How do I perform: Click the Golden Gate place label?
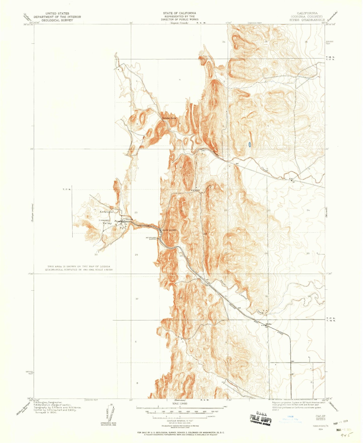[x=169, y=118]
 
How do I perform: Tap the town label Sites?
[x=129, y=219]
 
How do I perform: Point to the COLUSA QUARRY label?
[x=170, y=230]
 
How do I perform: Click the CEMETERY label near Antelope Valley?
[x=105, y=220]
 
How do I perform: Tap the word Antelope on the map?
[x=106, y=212]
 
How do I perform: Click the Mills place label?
[x=269, y=324]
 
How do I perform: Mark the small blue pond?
[x=249, y=144]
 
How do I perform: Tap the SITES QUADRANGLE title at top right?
[x=307, y=20]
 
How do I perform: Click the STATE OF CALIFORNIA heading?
[x=179, y=13]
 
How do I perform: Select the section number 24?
[x=308, y=210]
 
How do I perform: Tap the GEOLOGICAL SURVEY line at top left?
[x=57, y=20]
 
